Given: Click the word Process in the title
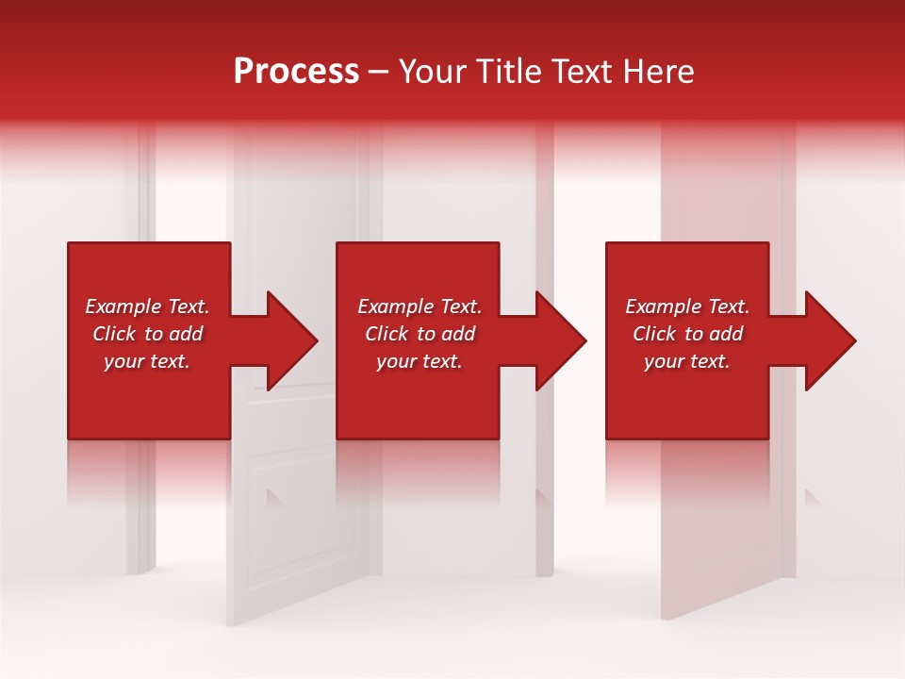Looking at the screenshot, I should [296, 72].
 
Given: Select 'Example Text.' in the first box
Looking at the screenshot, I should [147, 306].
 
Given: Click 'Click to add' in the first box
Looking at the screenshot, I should [147, 334].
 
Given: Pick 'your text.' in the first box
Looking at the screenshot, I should [147, 361].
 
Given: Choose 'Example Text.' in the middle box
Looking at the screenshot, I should [420, 306].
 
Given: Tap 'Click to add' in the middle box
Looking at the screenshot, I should [420, 334].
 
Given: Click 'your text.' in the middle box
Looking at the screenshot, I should [420, 361].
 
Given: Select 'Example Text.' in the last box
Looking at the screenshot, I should [687, 306].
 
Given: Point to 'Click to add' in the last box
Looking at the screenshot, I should [687, 334].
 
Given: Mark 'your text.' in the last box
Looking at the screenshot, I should [687, 361].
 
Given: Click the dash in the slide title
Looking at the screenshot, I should [379, 72].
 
